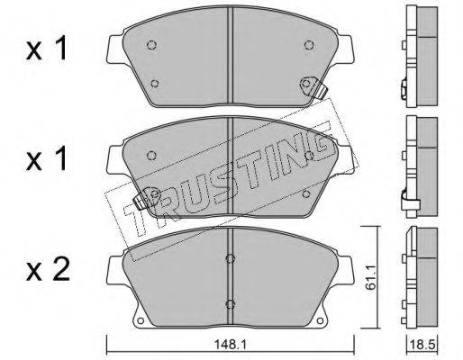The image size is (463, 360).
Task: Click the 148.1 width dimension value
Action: pos(230,344)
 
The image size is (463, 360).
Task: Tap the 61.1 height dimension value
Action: pos(371,277)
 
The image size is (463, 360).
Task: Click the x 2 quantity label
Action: pos(48,269)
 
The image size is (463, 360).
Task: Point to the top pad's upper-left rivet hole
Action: pos(152,45)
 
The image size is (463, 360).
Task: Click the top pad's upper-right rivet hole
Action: pos(309,45)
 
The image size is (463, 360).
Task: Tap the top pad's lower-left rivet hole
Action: pos(155,83)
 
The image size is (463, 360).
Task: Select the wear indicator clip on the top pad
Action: pos(313,87)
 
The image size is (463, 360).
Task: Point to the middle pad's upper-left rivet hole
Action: pos(152,156)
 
